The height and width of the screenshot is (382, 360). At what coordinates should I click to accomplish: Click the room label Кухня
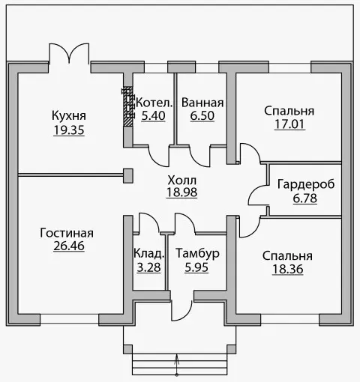[x=69, y=116]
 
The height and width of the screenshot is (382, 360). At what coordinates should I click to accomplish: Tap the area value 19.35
[x=69, y=130]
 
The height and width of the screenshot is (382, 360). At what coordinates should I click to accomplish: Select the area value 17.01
[x=289, y=124]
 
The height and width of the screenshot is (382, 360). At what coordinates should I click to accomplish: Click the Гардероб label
[x=305, y=184]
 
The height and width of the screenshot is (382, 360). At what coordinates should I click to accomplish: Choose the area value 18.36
[x=288, y=269]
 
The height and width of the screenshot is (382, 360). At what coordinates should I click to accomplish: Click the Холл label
[x=181, y=180]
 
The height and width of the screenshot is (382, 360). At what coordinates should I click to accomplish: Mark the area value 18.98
[x=181, y=192]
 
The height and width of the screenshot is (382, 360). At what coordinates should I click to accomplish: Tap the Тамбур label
[x=197, y=253]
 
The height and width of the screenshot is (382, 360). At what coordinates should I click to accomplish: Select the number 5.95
[x=197, y=267]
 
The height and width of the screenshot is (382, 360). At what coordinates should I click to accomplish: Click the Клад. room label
[x=148, y=253]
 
